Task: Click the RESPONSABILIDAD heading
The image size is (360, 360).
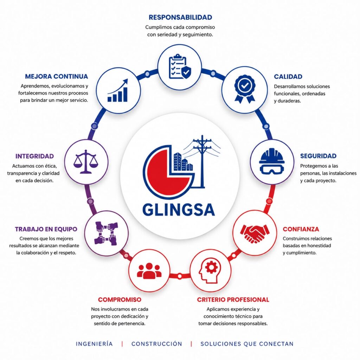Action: pyautogui.click(x=180, y=17)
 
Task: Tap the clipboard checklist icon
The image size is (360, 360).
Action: pyautogui.click(x=180, y=66)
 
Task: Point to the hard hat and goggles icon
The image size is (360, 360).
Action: pyautogui.click(x=272, y=161)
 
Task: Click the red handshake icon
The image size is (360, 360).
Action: pyautogui.click(x=255, y=233)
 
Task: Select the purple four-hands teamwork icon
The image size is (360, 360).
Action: pyautogui.click(x=106, y=233)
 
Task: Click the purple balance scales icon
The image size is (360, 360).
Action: pyautogui.click(x=86, y=162)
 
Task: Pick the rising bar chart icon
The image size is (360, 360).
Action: pyautogui.click(x=118, y=90)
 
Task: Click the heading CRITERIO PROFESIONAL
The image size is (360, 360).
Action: pyautogui.click(x=233, y=300)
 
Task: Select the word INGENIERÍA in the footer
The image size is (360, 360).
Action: pyautogui.click(x=94, y=344)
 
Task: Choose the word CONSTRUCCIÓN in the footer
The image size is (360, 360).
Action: pyautogui.click(x=157, y=344)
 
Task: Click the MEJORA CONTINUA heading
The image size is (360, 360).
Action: pyautogui.click(x=57, y=76)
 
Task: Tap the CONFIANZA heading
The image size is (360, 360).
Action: pyautogui.click(x=301, y=229)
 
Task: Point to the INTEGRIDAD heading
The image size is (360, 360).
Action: pyautogui.click(x=35, y=156)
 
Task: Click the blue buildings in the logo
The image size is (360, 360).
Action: pyautogui.click(x=183, y=162)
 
